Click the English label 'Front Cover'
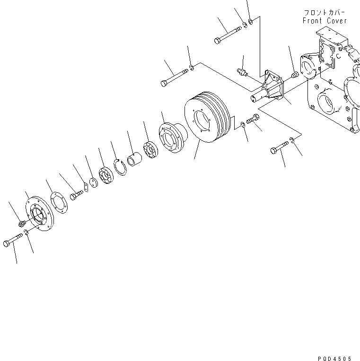[x=325, y=21]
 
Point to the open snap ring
[x=119, y=167]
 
